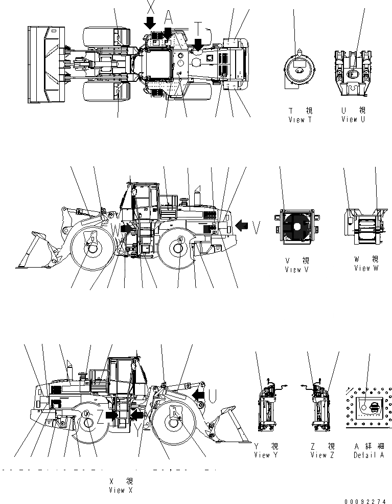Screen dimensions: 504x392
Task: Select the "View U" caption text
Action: point(354,119)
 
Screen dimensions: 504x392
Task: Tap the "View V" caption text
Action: point(297,270)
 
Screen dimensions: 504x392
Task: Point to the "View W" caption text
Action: point(366,268)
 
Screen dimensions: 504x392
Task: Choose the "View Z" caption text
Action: point(322,455)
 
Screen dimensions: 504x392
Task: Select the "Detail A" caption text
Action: point(369,455)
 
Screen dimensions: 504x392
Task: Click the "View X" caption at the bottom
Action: point(120,490)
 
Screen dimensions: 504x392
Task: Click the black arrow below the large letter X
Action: point(150,23)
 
